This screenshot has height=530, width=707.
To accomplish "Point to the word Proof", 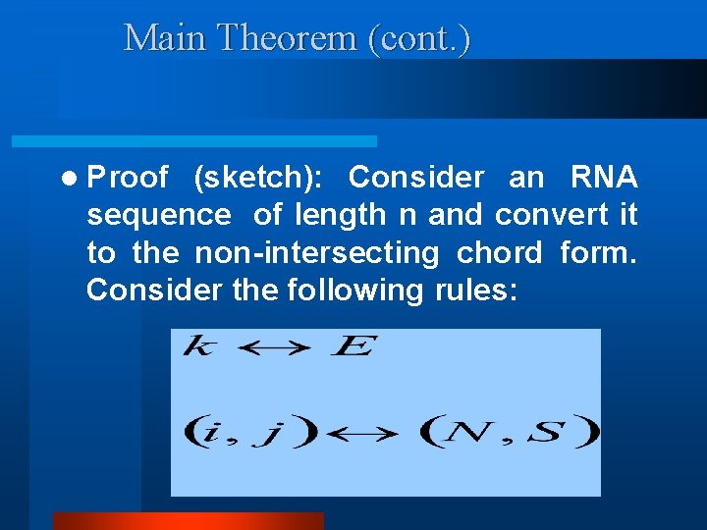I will tap(127, 178).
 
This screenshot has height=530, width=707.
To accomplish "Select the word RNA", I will tap(604, 178).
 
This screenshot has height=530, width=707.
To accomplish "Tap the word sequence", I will tap(159, 215).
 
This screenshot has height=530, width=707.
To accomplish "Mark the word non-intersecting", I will tap(316, 252).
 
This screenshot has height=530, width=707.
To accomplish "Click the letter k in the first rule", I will tap(197, 347).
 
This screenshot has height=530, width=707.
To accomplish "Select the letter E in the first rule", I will tap(351, 347).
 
